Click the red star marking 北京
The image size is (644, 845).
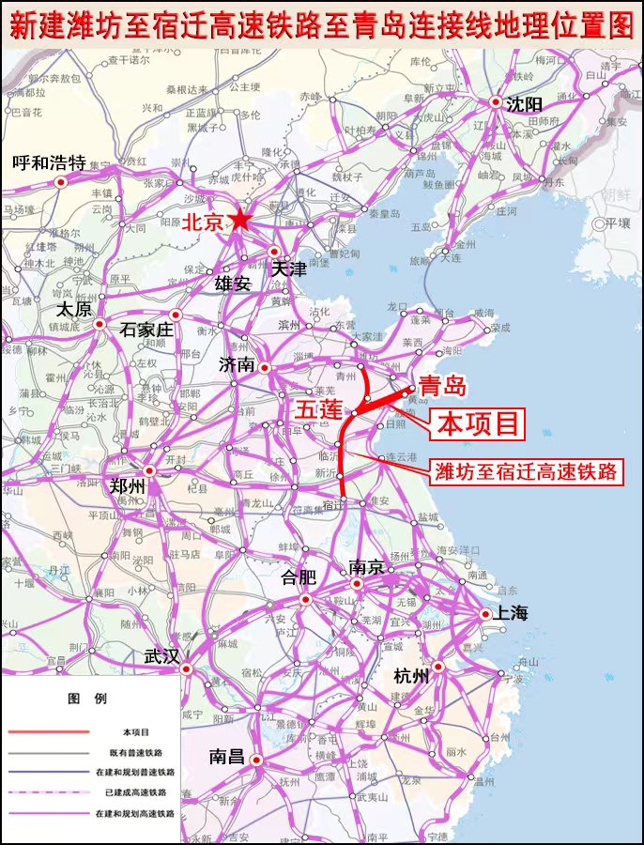tap(241, 220)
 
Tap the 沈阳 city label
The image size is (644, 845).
tap(524, 104)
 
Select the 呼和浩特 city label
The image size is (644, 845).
tap(49, 163)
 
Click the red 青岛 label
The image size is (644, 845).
tap(442, 385)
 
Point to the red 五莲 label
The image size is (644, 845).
tap(319, 410)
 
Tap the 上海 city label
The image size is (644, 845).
tap(513, 613)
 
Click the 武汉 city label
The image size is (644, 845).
tap(161, 657)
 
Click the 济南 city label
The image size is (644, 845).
tap(238, 364)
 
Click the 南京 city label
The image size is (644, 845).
tap(366, 567)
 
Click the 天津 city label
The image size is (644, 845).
tap(289, 269)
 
